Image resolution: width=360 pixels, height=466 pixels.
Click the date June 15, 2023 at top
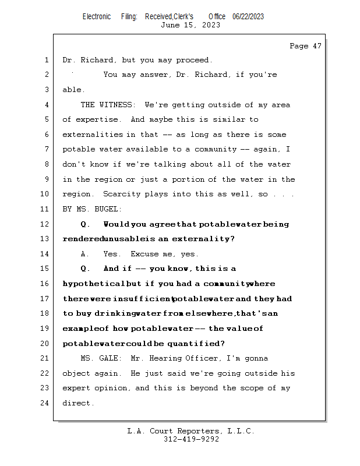coord(190,25)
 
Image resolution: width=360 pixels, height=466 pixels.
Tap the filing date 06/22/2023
coord(248,16)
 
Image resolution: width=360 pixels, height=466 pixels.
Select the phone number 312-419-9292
coord(191,439)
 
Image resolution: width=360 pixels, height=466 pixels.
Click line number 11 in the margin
coord(46,209)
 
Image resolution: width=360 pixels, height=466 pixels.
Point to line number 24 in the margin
coord(46,403)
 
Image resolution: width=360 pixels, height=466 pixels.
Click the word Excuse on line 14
coord(144,254)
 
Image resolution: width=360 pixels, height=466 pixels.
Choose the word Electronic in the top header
coord(97,16)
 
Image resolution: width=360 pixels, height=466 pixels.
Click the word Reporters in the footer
coord(196,431)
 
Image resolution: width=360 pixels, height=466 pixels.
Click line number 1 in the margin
coord(46,60)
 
